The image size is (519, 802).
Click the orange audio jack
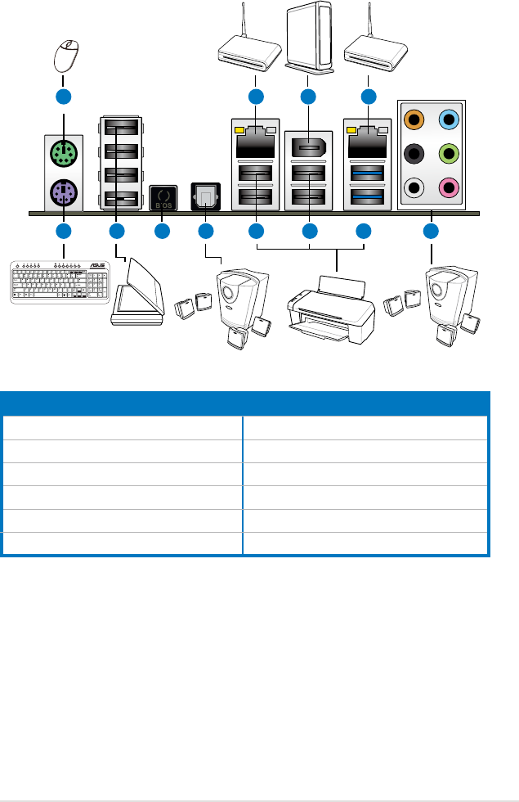[415, 119]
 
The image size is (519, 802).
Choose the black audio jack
[415, 154]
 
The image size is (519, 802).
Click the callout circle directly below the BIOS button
[162, 233]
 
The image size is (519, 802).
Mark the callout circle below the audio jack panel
[431, 233]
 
